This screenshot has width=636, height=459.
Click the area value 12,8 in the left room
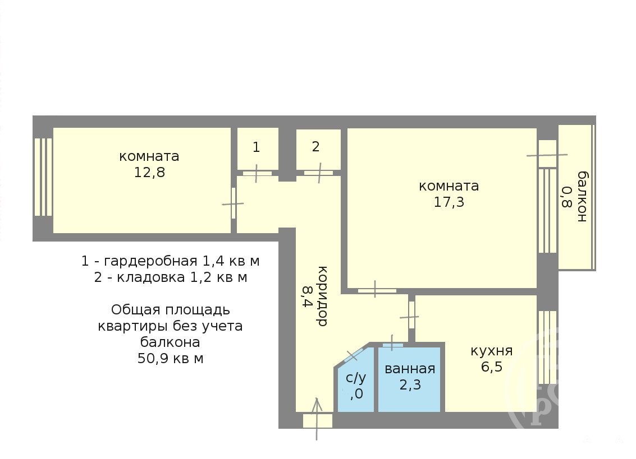click(150, 173)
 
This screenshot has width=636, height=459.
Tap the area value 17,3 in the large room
click(449, 202)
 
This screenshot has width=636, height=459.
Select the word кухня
click(492, 351)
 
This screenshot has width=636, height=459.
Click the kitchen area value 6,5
click(492, 367)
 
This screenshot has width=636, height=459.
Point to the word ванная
click(410, 369)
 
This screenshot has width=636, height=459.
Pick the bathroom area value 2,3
click(410, 385)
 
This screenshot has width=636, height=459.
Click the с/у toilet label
click(356, 378)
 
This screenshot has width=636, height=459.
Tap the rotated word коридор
click(322, 296)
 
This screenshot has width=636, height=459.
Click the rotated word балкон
click(583, 197)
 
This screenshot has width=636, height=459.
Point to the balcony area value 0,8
click(566, 197)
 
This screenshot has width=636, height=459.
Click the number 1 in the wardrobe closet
click(256, 147)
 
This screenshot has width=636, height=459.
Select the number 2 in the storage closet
click(316, 147)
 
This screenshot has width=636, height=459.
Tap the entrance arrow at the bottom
click(317, 419)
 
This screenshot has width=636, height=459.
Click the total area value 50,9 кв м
click(170, 359)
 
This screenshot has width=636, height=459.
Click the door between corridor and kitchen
click(411, 316)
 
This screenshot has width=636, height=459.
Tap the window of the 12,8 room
click(43, 178)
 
